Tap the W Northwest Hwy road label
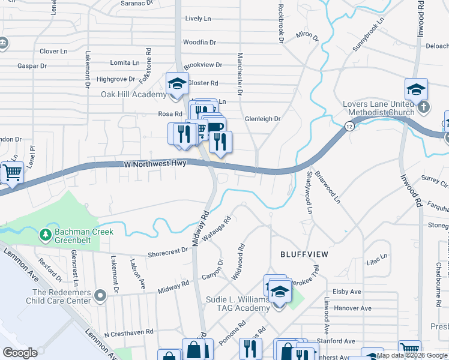click(157, 163)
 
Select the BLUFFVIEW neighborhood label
click(305, 254)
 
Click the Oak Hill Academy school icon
click(176, 85)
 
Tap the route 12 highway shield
click(349, 126)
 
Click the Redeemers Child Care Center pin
click(100, 295)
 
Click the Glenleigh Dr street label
click(262, 119)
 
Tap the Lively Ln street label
click(198, 19)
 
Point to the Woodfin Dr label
click(199, 43)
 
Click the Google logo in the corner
click(20, 353)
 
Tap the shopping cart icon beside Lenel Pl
click(11, 173)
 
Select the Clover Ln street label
click(53, 52)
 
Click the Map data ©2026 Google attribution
click(412, 355)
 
